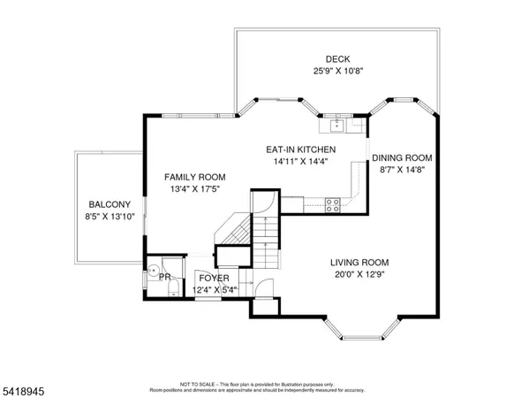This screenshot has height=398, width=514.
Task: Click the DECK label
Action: (x=337, y=58)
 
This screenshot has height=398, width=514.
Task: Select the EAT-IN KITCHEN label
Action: (x=301, y=149)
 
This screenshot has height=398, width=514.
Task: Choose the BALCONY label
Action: (x=110, y=204)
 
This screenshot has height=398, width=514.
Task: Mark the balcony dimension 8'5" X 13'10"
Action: (x=110, y=217)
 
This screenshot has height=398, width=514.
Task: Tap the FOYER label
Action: (x=215, y=279)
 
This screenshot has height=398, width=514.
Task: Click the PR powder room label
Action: (x=164, y=277)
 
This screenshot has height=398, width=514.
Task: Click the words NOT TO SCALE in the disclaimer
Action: (x=193, y=385)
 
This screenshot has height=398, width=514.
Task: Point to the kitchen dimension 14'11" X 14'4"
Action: (x=301, y=162)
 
